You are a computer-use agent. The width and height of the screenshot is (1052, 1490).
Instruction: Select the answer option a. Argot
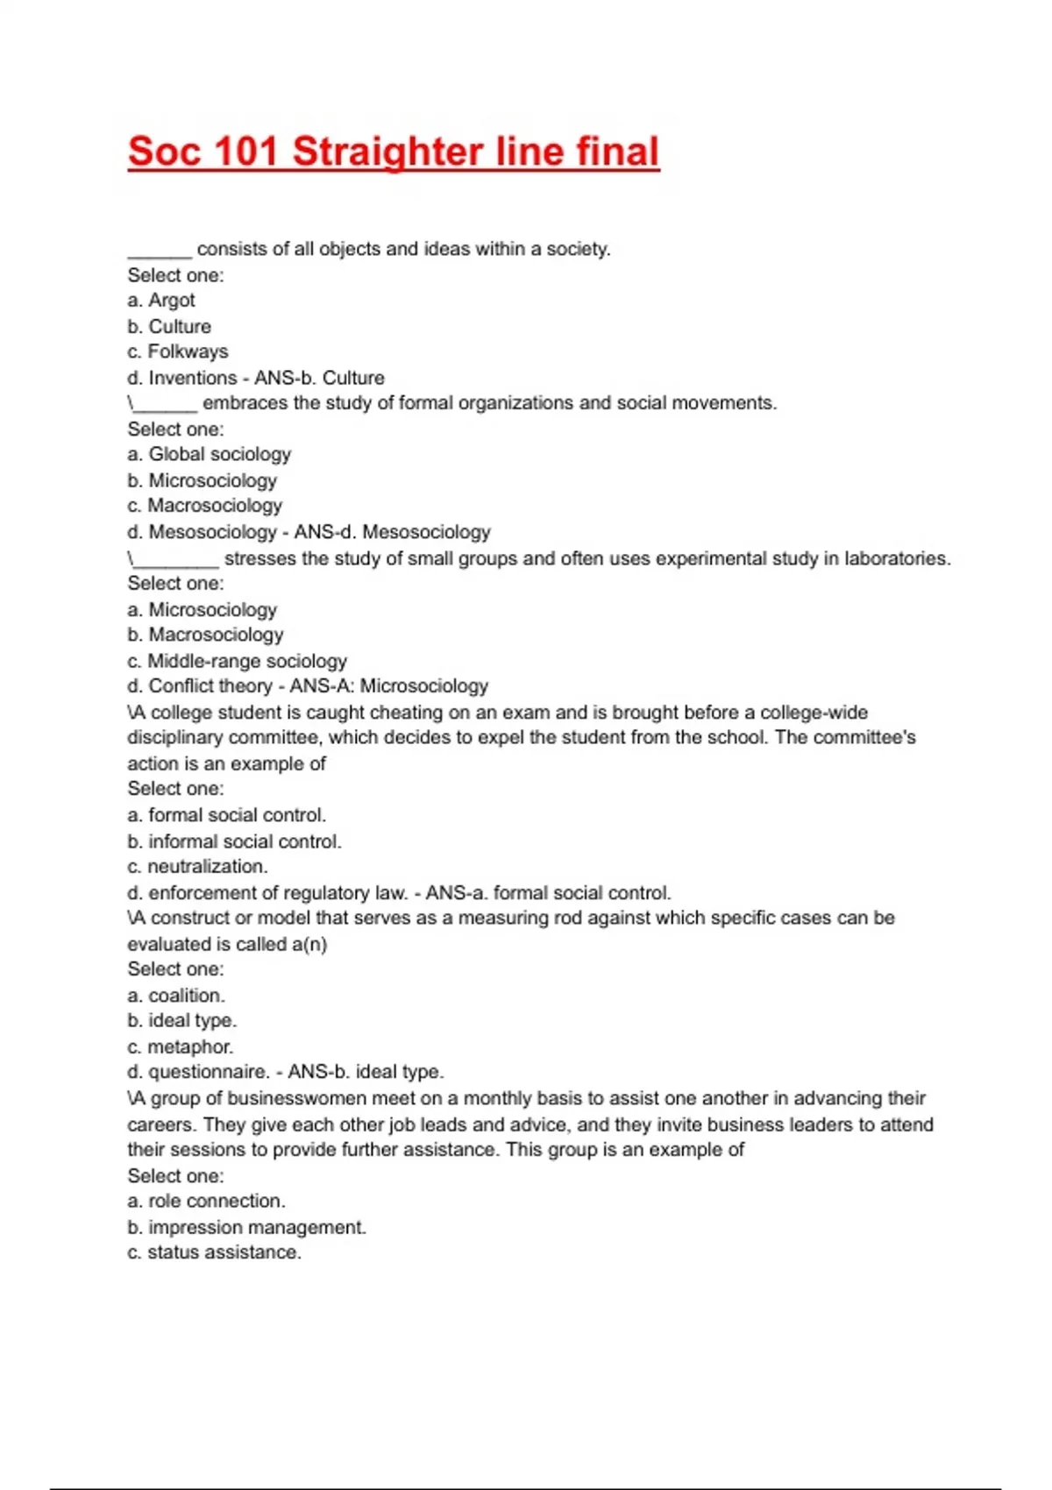(x=161, y=300)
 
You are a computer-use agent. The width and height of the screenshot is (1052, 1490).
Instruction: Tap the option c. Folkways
(x=177, y=351)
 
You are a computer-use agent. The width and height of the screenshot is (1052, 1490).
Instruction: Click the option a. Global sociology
(x=209, y=454)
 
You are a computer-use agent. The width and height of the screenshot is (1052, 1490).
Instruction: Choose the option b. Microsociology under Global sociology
(x=202, y=480)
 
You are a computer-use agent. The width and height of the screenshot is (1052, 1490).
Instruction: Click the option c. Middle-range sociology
(x=237, y=661)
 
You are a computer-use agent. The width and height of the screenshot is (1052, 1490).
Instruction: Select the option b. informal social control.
(x=234, y=841)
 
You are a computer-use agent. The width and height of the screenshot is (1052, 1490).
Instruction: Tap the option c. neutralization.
(x=197, y=867)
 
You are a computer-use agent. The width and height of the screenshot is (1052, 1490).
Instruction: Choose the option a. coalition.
(x=176, y=996)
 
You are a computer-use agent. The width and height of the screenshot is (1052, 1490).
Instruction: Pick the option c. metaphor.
(x=180, y=1047)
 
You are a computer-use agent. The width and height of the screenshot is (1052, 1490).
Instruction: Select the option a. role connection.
(x=206, y=1201)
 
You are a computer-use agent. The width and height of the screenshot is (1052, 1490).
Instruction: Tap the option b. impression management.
(x=246, y=1227)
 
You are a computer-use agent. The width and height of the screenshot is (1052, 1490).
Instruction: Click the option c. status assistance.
(x=214, y=1252)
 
